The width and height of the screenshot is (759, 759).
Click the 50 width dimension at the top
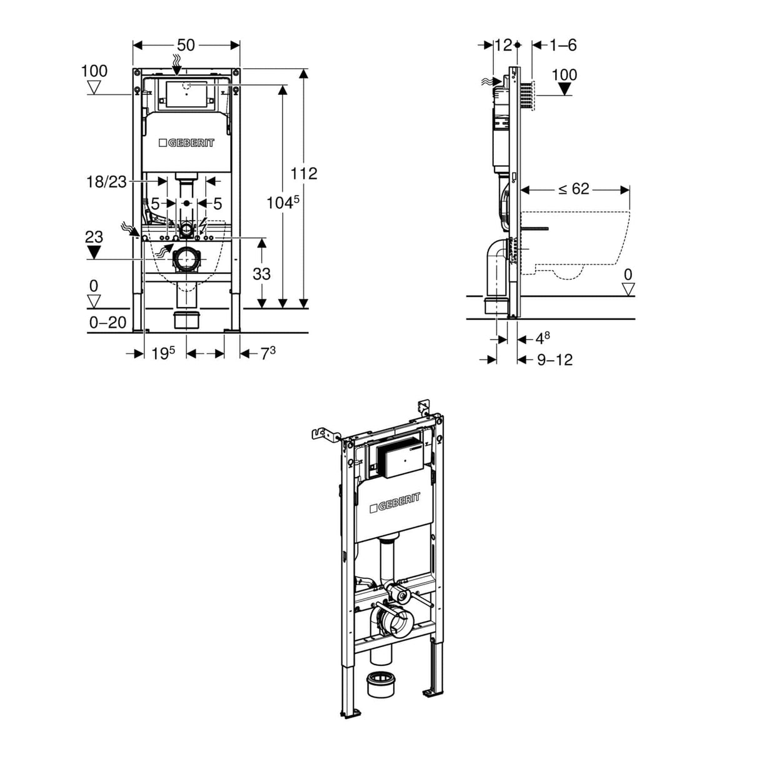186,45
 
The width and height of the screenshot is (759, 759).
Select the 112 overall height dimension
304,173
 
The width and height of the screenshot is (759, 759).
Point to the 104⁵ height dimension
283,203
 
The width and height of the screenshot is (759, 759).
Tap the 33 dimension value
261,273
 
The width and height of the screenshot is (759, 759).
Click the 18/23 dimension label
106,182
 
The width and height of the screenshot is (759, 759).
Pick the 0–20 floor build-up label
108,323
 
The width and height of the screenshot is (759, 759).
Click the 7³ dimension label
268,353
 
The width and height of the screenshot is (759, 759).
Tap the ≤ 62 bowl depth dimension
574,189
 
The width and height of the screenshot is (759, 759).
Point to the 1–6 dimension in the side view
563,45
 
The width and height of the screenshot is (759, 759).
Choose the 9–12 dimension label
555,359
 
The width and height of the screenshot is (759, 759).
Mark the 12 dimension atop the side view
503,45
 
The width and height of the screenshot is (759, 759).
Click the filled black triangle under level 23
94,253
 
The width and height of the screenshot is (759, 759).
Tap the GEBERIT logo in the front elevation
186,143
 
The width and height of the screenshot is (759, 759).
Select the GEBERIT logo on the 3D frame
395,502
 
